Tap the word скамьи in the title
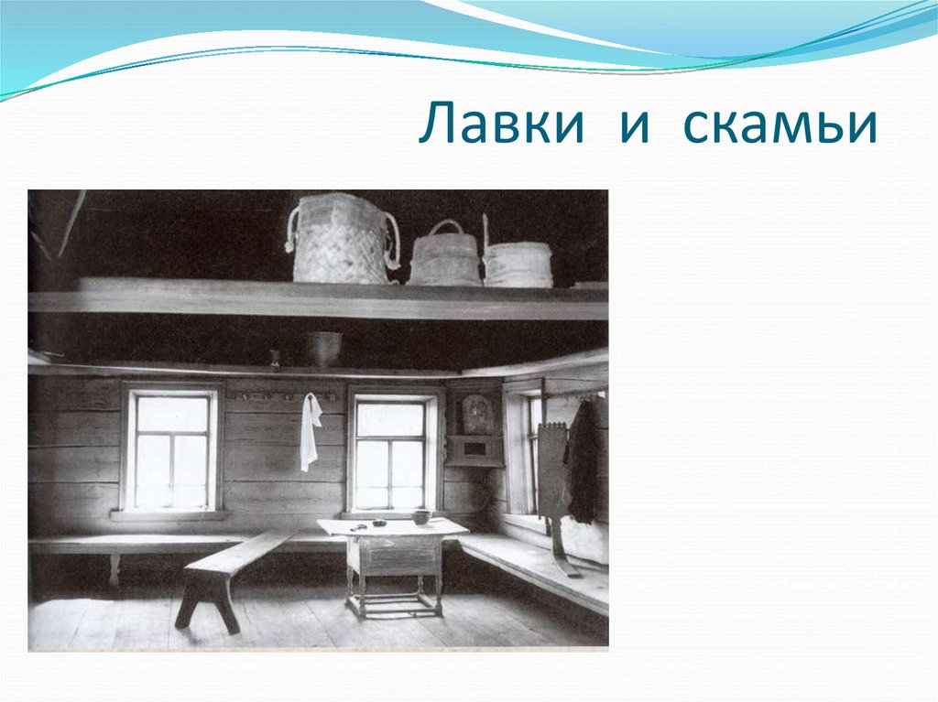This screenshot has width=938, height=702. [x=779, y=125]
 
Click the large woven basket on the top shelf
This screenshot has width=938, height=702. [x=342, y=240]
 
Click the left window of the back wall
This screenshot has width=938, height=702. [x=171, y=451]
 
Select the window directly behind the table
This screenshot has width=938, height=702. [x=390, y=454]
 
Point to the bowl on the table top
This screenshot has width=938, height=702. [x=421, y=517]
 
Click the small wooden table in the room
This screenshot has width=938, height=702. [x=392, y=558]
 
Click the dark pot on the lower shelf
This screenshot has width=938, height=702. [x=323, y=348]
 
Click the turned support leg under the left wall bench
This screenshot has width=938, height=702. [x=114, y=568]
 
